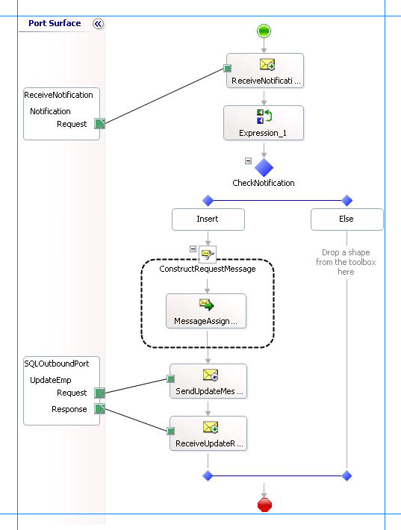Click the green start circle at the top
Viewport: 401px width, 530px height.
pyautogui.click(x=264, y=31)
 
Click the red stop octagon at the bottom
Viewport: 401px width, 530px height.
pyautogui.click(x=264, y=505)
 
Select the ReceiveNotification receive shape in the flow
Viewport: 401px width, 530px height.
pyautogui.click(x=265, y=70)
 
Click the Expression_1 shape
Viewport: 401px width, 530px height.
pyautogui.click(x=264, y=122)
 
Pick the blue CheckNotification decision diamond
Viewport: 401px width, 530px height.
pyautogui.click(x=264, y=166)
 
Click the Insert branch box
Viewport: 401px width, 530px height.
pyautogui.click(x=208, y=219)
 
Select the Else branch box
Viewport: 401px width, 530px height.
pyautogui.click(x=346, y=219)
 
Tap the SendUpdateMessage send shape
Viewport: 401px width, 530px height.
pyautogui.click(x=208, y=381)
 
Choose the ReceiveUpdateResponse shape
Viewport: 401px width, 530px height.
pyautogui.click(x=208, y=434)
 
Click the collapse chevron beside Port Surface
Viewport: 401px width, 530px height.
pyautogui.click(x=98, y=24)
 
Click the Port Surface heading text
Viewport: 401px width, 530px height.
pyautogui.click(x=55, y=23)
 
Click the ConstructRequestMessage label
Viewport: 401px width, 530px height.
pyautogui.click(x=208, y=268)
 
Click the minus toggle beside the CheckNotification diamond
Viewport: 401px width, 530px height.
pyautogui.click(x=248, y=160)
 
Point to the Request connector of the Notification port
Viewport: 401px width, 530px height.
pyautogui.click(x=99, y=125)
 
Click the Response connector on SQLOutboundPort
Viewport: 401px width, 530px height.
pyautogui.click(x=99, y=409)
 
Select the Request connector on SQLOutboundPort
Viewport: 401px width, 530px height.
pyautogui.click(x=99, y=393)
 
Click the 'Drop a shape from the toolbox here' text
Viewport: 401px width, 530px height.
pyautogui.click(x=346, y=262)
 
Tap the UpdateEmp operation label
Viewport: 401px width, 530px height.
pyautogui.click(x=50, y=380)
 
